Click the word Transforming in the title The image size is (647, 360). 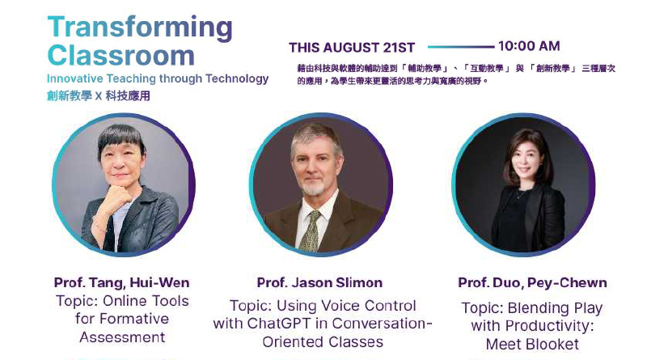click(x=140, y=28)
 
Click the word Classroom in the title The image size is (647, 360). click(x=121, y=55)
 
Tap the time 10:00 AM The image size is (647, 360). click(x=529, y=46)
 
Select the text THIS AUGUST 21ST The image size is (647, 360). click(x=352, y=48)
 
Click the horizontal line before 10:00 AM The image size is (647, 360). click(x=461, y=47)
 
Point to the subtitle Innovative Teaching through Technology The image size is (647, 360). click(x=158, y=78)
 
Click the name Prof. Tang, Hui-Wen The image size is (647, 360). click(x=122, y=283)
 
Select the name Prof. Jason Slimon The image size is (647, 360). click(x=319, y=283)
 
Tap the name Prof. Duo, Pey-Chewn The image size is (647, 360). click(x=532, y=283)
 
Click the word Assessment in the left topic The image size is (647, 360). click(x=123, y=337)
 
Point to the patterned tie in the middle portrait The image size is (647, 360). click(x=311, y=231)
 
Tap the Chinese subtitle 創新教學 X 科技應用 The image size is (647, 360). click(x=98, y=96)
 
